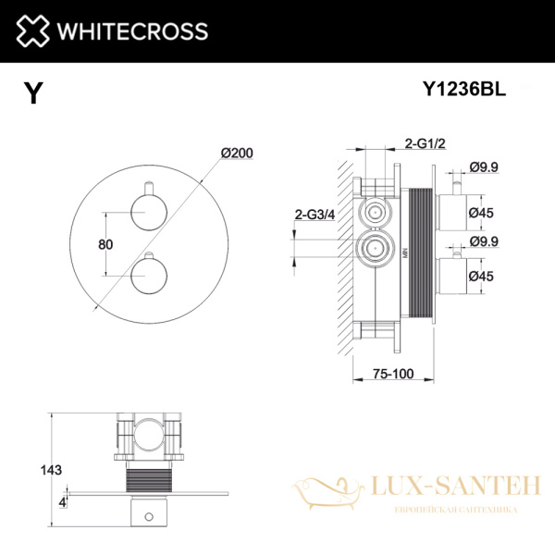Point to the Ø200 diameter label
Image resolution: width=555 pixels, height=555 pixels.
click(x=237, y=154)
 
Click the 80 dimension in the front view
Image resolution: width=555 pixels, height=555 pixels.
click(x=105, y=244)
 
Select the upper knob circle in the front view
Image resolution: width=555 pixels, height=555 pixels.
click(x=146, y=216)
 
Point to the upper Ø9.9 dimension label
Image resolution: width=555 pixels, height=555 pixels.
click(x=484, y=166)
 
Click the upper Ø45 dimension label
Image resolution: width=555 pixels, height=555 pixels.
click(x=482, y=213)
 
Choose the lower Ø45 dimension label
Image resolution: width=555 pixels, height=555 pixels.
click(x=482, y=276)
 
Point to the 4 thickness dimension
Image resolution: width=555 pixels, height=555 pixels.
click(x=62, y=501)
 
